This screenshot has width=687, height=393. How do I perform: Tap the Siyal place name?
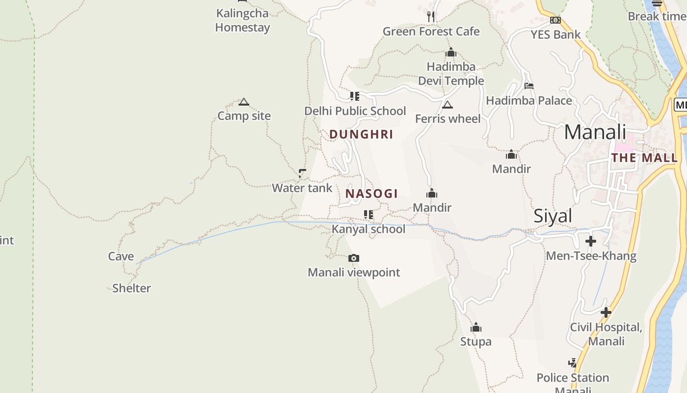(553, 216)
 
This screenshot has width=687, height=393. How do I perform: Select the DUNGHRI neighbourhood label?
(361, 135)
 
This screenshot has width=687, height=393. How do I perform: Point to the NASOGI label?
(371, 194)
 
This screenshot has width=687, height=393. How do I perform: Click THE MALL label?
(644, 158)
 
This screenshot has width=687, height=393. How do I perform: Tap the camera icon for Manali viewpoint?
(354, 258)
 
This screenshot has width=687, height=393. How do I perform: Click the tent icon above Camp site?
(244, 102)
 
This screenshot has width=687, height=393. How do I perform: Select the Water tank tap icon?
(302, 173)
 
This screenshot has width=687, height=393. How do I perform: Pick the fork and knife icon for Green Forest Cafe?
(431, 17)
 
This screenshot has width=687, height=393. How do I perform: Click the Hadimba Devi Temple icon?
(451, 53)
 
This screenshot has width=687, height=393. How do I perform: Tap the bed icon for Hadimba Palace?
(528, 86)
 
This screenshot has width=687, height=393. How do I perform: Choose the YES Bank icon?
(555, 20)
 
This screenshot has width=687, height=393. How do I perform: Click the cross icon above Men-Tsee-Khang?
(591, 241)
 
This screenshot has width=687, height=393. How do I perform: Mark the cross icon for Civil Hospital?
(606, 312)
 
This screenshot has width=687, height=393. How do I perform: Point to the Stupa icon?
(476, 328)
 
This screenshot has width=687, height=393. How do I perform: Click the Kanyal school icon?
(368, 215)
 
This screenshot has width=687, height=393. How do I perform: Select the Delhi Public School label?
(355, 111)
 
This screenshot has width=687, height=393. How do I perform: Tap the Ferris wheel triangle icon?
(447, 105)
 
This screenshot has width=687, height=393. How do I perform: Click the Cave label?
(121, 256)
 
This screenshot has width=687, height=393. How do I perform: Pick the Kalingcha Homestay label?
(242, 20)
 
